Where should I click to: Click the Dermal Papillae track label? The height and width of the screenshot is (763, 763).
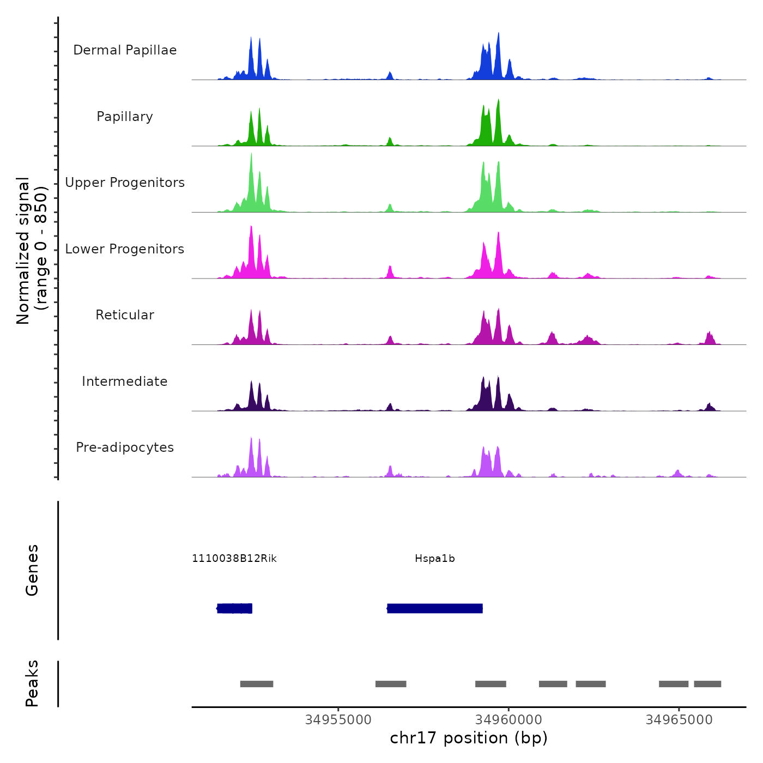tap(125, 50)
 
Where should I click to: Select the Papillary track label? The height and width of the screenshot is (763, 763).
tap(125, 117)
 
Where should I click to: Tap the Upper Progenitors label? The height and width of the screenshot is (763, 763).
tap(125, 183)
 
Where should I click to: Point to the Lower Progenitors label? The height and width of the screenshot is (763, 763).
tap(125, 249)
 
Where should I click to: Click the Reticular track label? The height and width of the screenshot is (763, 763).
tap(125, 315)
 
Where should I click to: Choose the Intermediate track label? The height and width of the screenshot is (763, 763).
tap(125, 381)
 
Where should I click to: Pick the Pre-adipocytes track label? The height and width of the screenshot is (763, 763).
tap(125, 447)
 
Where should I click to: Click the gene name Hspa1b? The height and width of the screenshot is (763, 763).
tap(435, 559)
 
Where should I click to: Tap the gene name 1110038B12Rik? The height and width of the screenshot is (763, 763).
tap(234, 559)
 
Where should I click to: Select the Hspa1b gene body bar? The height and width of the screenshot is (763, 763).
tap(435, 608)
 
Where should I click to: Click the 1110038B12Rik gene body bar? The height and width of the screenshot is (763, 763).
tap(235, 608)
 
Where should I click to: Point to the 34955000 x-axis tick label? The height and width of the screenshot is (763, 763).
tap(338, 720)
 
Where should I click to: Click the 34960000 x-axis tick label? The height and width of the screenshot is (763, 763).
tap(508, 720)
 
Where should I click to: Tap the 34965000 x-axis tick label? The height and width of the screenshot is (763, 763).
tap(679, 720)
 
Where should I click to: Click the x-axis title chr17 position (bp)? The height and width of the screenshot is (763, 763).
tap(469, 738)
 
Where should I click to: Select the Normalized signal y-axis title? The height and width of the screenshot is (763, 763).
tap(32, 251)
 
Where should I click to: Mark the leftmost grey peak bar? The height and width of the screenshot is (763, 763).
tap(257, 684)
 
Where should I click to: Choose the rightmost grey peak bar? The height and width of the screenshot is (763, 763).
tap(707, 684)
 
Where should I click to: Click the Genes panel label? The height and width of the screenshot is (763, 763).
tap(32, 570)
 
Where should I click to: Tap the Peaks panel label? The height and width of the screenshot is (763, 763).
tap(32, 683)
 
